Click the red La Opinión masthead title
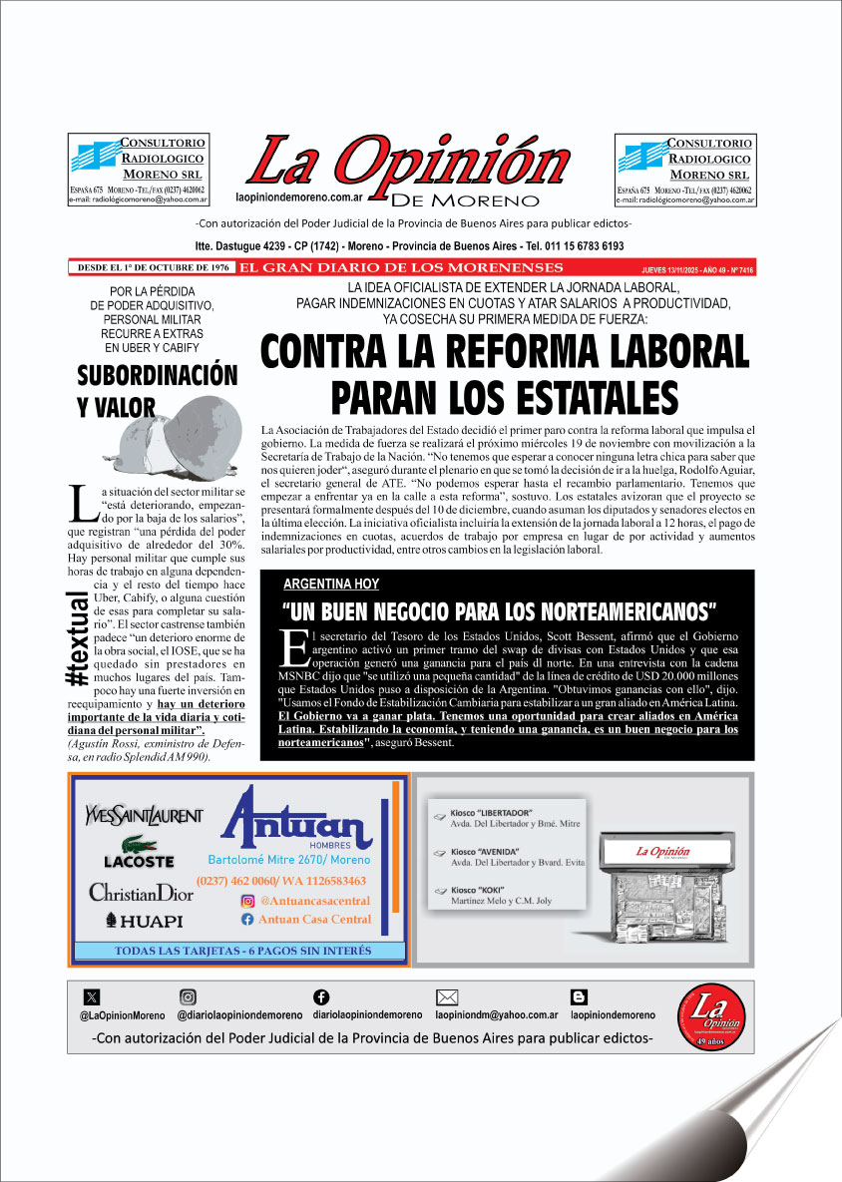[x=407, y=163]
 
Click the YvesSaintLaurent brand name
[x=144, y=815]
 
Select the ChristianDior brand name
[x=141, y=892]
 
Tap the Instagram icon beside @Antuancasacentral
[x=247, y=901]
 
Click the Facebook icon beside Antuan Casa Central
[x=247, y=919]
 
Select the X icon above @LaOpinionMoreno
[x=93, y=996]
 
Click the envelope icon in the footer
[x=447, y=996]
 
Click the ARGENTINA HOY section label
[x=330, y=584]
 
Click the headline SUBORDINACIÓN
[x=158, y=375]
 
